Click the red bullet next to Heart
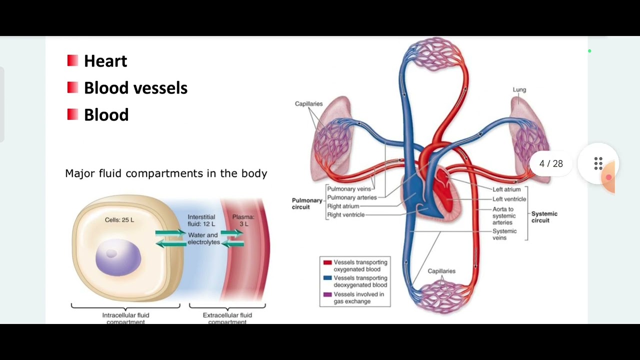[x=72, y=60]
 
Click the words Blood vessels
[x=135, y=88]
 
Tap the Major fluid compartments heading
[x=166, y=173]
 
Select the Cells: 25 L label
[x=119, y=220]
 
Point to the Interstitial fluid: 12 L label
[x=201, y=220]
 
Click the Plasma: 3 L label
[x=243, y=220]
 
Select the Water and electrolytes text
[x=203, y=238]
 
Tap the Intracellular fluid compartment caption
[x=125, y=318]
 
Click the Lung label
[x=519, y=90]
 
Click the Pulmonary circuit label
[x=307, y=203]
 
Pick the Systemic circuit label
[x=544, y=217]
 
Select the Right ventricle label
[x=345, y=215]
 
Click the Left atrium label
[x=506, y=189]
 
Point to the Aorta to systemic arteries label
[x=503, y=216]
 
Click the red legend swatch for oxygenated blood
[x=327, y=262]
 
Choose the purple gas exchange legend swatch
[x=327, y=294]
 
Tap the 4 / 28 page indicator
[x=551, y=164]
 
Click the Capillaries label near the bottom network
[x=441, y=271]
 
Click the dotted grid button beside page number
[x=598, y=163]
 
